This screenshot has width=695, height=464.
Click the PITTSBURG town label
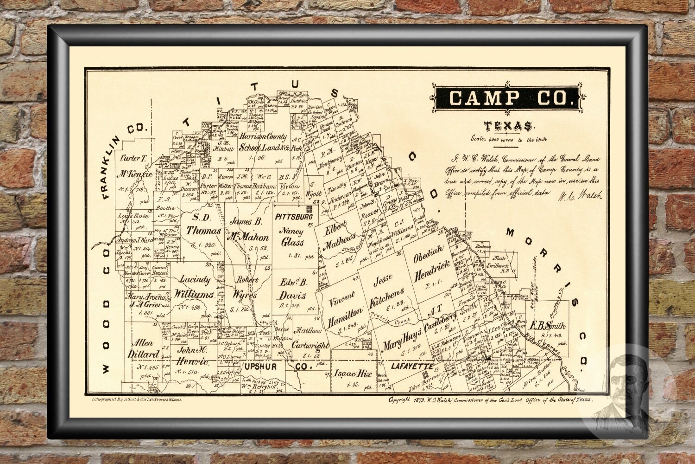pyautogui.click(x=294, y=217)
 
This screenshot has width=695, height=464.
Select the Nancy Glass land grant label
pyautogui.click(x=292, y=237)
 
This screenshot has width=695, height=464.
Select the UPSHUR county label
pyautogui.click(x=260, y=367)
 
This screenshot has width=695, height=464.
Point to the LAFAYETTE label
pyautogui.click(x=412, y=366)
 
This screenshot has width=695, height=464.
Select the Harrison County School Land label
pyautogui.click(x=263, y=142)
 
